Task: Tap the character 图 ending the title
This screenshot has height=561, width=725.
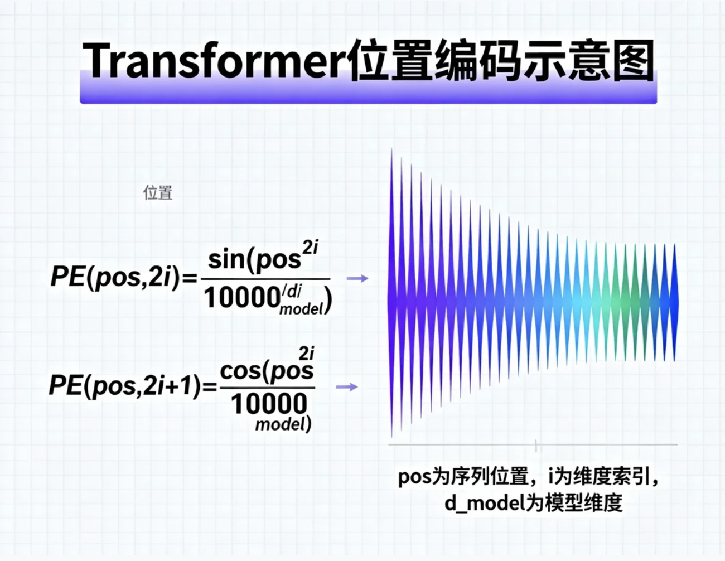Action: [x=633, y=61]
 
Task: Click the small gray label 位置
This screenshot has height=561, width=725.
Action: [x=158, y=193]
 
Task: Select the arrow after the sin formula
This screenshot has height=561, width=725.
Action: [x=357, y=278]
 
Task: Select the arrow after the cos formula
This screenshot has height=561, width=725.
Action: [x=347, y=387]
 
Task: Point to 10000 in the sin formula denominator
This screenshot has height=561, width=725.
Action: [x=242, y=298]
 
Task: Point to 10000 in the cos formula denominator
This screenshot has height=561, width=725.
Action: [x=269, y=404]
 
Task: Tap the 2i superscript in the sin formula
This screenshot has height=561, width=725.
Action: [x=310, y=248]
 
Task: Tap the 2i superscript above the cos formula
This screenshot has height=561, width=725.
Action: [x=306, y=354]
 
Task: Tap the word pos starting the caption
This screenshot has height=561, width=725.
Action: [x=415, y=477]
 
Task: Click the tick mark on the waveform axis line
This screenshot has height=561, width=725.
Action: [x=536, y=446]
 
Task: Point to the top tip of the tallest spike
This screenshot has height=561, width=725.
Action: [x=391, y=148]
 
